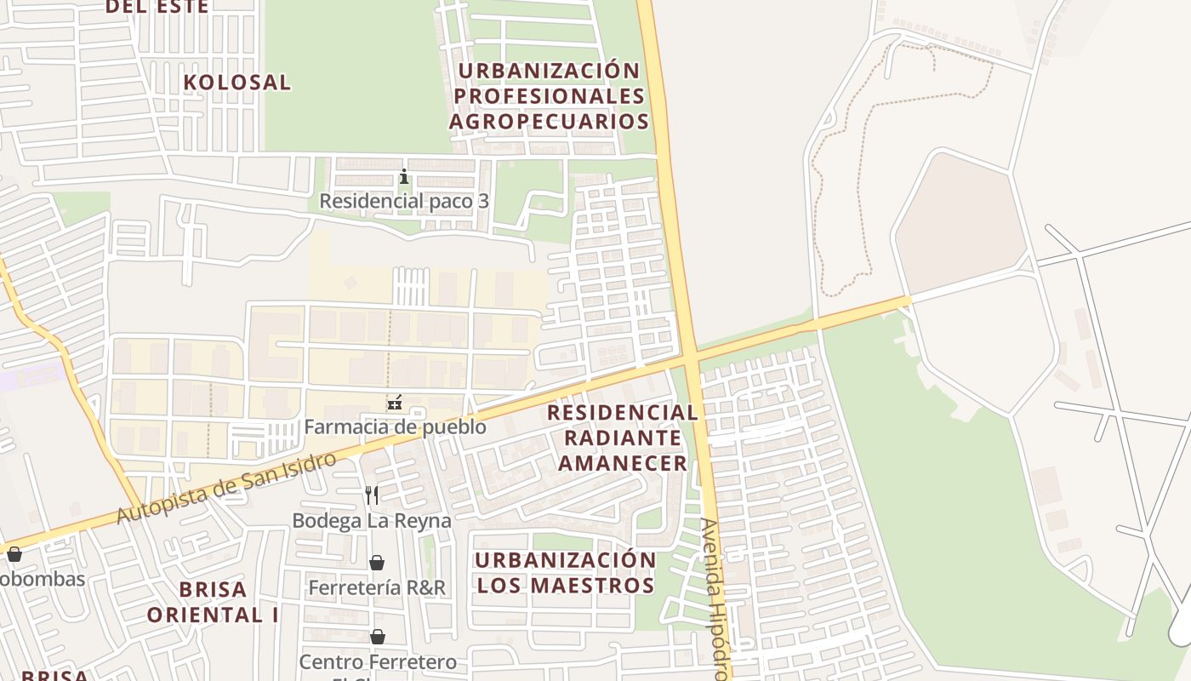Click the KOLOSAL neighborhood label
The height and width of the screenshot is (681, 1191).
tap(237, 83)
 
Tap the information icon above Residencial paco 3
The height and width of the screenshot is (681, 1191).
tap(404, 177)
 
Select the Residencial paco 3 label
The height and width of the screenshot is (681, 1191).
tap(404, 202)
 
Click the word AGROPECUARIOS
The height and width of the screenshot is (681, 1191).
tap(549, 122)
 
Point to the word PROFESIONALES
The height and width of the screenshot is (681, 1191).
tap(549, 95)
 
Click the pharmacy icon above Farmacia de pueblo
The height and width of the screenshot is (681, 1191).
tap(395, 403)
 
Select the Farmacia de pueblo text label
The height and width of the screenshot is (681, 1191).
tap(396, 426)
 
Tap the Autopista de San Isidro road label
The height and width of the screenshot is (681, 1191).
tap(225, 489)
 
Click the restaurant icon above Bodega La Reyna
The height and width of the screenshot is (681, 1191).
tap(372, 495)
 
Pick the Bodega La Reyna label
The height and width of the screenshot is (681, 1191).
tap(372, 520)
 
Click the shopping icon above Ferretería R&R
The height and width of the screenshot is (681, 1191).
tap(377, 563)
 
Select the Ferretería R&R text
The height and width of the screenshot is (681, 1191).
tap(377, 587)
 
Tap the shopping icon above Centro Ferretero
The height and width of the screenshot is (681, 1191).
tap(377, 637)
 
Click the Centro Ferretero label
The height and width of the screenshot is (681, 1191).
tap(378, 661)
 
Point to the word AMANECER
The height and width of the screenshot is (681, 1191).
tap(623, 463)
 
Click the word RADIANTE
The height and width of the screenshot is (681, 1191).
tap(623, 438)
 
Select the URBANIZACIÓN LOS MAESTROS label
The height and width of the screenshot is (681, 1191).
tap(566, 573)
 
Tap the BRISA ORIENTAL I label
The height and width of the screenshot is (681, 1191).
tap(213, 602)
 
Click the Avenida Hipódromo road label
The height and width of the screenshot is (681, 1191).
tap(714, 596)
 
